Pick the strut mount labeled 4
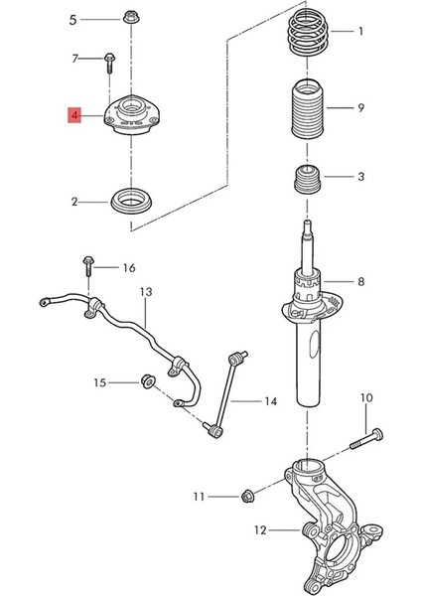click(x=133, y=116)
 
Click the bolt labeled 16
click(x=89, y=266)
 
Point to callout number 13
click(x=145, y=293)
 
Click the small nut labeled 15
click(x=146, y=381)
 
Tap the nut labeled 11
click(x=248, y=494)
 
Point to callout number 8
click(x=360, y=282)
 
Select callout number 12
click(x=260, y=530)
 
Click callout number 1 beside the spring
click(x=360, y=32)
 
